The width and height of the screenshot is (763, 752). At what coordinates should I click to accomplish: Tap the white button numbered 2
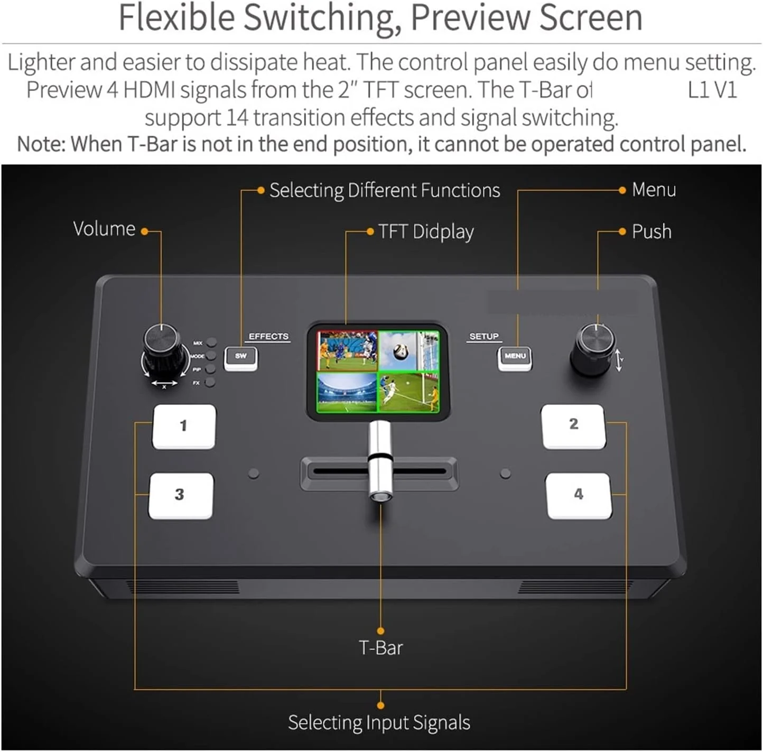coord(573,426)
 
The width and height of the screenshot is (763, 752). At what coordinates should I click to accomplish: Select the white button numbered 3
coord(181,495)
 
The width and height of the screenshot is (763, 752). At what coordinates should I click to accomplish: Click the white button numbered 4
coord(579,495)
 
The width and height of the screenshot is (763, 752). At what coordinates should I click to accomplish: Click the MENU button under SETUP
coord(515,357)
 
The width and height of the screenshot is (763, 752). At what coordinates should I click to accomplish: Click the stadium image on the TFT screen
coord(347,392)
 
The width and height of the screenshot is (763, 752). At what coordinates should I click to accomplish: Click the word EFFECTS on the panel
coord(268,337)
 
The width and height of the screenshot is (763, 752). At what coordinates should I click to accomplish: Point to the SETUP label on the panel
coord(483,337)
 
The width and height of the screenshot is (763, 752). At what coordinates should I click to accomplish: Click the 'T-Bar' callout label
coord(380,648)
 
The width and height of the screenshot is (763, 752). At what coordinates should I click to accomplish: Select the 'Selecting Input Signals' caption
coord(379,722)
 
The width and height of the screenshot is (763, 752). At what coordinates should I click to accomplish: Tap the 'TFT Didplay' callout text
coord(426,232)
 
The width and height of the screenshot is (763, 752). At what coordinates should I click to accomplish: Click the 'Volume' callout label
coord(104,229)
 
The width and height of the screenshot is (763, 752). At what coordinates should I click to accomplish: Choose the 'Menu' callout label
coord(654,190)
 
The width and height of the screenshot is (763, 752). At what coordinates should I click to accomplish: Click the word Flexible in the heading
coord(176,18)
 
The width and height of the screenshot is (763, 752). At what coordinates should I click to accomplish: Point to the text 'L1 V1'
coord(712,90)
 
